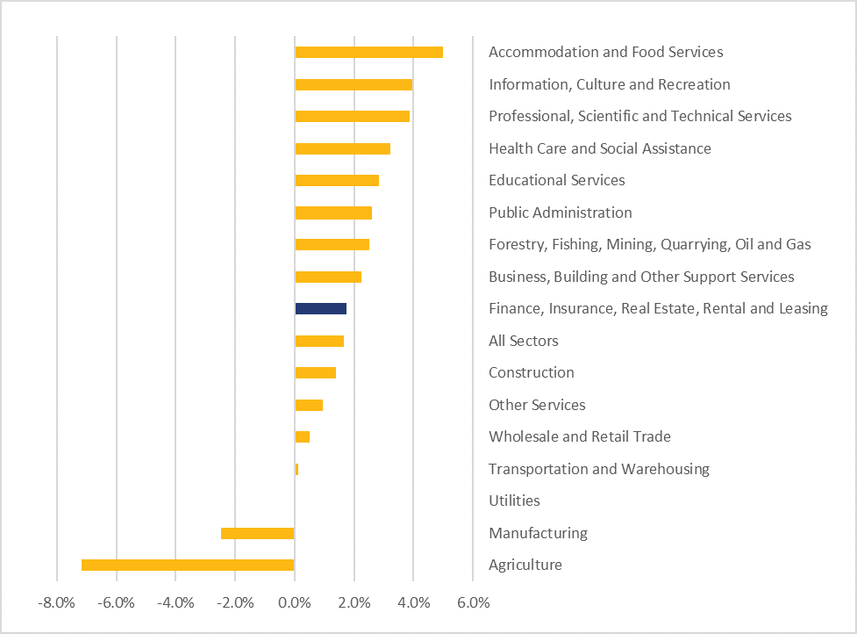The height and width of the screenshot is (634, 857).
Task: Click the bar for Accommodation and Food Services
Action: tap(368, 52)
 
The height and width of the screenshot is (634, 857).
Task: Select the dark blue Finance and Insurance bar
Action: tap(320, 308)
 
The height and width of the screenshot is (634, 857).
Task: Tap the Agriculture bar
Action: tap(188, 565)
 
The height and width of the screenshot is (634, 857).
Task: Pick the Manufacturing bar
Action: tap(258, 533)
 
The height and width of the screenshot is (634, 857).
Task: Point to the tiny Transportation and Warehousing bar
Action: tap(296, 469)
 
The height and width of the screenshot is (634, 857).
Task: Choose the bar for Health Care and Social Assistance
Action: tap(342, 148)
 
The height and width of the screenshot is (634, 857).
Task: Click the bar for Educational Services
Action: tap(337, 180)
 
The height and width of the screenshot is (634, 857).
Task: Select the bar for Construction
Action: tap(315, 372)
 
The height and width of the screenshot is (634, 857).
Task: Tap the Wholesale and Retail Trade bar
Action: tap(302, 436)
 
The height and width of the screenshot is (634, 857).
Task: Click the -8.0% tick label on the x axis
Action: tap(56, 603)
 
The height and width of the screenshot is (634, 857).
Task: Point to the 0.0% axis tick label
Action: tap(295, 603)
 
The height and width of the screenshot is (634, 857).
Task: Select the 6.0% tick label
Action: tap(473, 603)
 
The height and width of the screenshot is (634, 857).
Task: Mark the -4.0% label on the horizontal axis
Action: tap(175, 603)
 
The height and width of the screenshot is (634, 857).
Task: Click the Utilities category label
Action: tap(514, 501)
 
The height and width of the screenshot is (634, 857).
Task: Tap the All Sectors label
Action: tap(523, 341)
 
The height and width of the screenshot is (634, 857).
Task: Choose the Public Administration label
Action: tap(560, 213)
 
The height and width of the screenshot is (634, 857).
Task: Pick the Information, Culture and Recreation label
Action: tap(609, 84)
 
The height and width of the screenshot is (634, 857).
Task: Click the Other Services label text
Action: tap(537, 405)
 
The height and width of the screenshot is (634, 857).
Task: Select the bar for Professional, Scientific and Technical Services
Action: tap(352, 116)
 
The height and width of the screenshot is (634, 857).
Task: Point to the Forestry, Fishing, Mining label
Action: tap(649, 244)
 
